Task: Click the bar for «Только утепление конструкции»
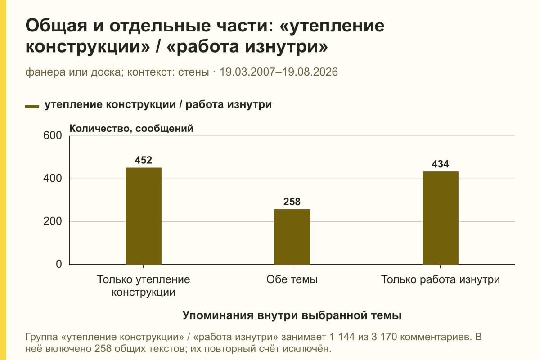(144, 216)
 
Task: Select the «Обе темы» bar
(292, 237)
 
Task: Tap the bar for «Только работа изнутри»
(441, 218)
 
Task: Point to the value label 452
(144, 160)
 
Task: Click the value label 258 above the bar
(292, 202)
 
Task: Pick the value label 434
(441, 164)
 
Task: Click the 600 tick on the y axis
(53, 135)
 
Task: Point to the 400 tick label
(53, 179)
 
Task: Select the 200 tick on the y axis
(53, 221)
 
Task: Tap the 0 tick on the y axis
(59, 264)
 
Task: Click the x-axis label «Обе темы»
(292, 280)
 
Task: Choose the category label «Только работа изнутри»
(441, 280)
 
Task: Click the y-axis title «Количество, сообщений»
(131, 129)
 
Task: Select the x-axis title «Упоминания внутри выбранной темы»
(292, 315)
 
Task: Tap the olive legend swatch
(32, 107)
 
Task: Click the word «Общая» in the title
(56, 26)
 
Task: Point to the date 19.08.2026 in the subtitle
(310, 72)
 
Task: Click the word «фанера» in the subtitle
(45, 72)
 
